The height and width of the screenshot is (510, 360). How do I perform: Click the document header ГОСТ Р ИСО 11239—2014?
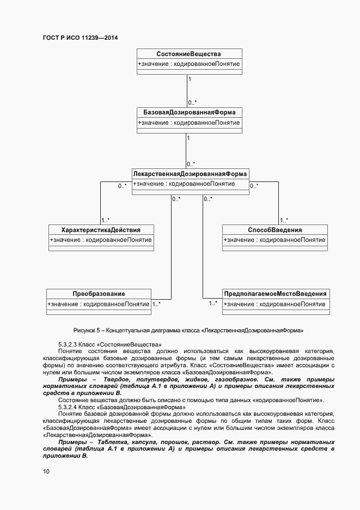tap(80, 38)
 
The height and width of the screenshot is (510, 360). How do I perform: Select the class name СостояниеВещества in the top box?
tap(188, 53)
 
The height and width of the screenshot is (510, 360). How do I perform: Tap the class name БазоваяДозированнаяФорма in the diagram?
tap(188, 112)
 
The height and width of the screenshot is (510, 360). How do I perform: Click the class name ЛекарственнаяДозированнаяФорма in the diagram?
tap(190, 174)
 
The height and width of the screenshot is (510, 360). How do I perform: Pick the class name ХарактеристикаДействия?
tap(101, 230)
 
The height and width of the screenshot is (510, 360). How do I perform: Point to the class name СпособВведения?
tap(274, 230)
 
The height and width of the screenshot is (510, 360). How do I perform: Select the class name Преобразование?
tap(99, 294)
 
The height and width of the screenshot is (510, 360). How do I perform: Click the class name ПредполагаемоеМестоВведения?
tap(276, 294)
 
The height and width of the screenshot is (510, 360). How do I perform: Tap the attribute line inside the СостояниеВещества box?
tap(188, 64)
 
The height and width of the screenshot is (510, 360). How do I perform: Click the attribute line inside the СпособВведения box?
tap(274, 240)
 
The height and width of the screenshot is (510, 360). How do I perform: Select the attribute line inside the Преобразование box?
tap(99, 304)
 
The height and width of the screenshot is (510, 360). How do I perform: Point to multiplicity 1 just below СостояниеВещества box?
tap(190, 80)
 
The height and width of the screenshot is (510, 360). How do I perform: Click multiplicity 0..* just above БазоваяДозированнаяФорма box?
tap(192, 102)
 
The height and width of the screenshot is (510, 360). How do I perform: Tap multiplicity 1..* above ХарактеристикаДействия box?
tap(106, 220)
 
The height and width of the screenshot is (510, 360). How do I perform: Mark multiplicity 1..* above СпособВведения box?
tap(284, 220)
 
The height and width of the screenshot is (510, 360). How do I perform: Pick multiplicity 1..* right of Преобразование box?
tap(156, 305)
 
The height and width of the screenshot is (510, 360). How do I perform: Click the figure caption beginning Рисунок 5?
tap(188, 330)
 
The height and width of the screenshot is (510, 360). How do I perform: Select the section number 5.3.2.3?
tap(68, 345)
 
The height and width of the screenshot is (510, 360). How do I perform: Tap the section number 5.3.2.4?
tap(68, 407)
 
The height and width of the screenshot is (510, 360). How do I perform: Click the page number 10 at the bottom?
tap(46, 471)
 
